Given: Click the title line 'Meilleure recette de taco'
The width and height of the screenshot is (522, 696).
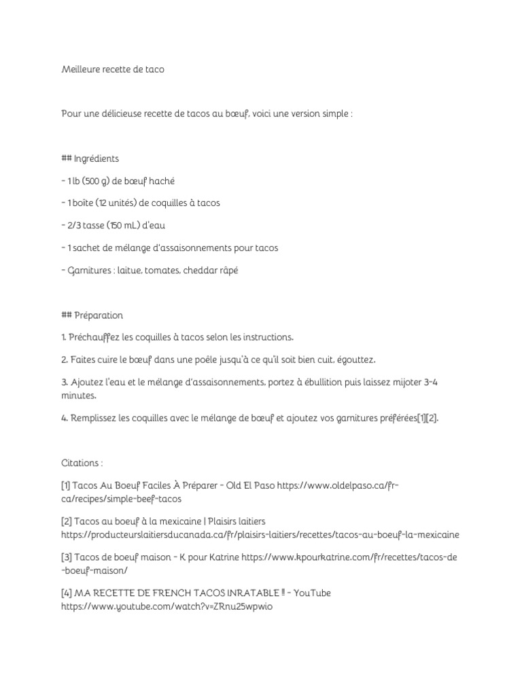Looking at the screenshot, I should pyautogui.click(x=112, y=69).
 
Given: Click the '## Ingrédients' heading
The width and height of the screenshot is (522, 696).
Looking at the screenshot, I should pyautogui.click(x=90, y=158).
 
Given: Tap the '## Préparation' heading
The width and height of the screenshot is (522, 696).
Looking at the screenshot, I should pyautogui.click(x=92, y=315).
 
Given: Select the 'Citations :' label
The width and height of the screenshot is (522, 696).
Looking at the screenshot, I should pyautogui.click(x=82, y=464).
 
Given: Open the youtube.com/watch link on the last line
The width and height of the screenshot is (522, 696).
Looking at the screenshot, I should pyautogui.click(x=166, y=607).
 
